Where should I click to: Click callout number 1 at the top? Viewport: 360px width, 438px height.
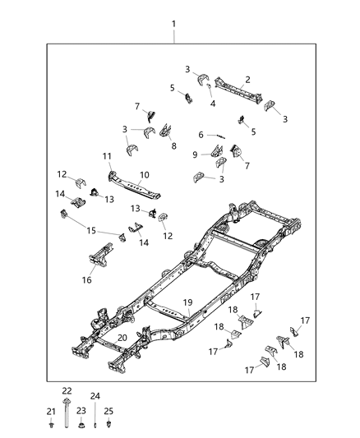174,24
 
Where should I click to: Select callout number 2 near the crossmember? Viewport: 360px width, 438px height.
247,80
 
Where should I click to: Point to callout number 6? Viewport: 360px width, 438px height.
201,135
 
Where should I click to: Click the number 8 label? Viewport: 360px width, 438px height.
173,145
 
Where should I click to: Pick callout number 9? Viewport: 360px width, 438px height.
196,154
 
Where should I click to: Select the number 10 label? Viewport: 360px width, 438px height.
145,174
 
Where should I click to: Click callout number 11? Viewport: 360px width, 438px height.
107,156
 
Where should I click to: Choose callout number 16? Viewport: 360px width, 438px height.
88,280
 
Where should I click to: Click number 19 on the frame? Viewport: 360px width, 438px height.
187,302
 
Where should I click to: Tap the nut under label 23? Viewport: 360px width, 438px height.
81,426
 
